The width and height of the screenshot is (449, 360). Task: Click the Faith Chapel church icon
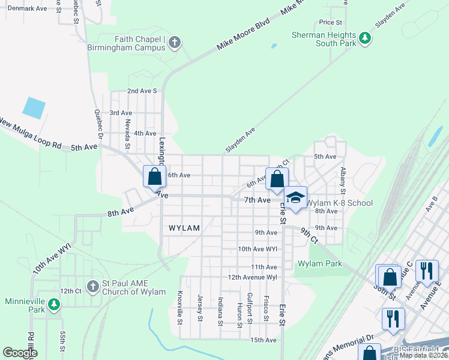pyautogui.click(x=175, y=42)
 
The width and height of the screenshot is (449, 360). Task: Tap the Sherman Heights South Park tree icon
pyautogui.click(x=364, y=40)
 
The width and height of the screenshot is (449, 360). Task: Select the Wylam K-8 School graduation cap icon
pyautogui.click(x=295, y=199)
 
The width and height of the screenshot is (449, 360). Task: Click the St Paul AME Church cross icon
pyautogui.click(x=92, y=287)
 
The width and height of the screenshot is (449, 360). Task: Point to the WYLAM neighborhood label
pyautogui.click(x=184, y=228)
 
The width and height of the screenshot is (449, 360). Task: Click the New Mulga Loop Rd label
pyautogui.click(x=31, y=134)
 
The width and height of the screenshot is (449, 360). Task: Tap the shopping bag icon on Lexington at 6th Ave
pyautogui.click(x=154, y=176)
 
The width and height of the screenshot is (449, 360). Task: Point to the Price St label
pyautogui.click(x=330, y=22)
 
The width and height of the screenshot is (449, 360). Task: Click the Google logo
pyautogui.click(x=20, y=353)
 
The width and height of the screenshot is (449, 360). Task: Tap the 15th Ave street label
pyautogui.click(x=264, y=340)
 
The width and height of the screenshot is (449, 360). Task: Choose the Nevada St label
pyautogui.click(x=127, y=133)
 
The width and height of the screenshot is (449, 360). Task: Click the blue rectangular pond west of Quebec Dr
pyautogui.click(x=34, y=107)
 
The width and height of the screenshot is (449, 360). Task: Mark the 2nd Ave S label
pyautogui.click(x=142, y=91)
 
